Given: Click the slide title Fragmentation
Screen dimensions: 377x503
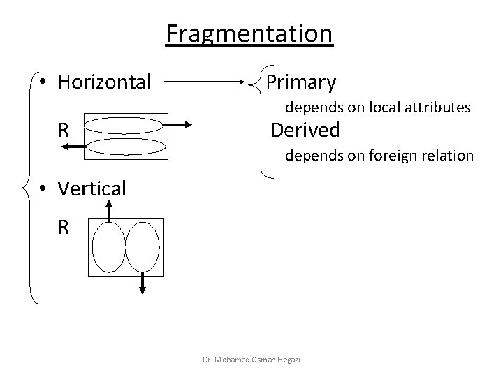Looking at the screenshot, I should click(249, 33).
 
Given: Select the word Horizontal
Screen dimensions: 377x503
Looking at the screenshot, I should click(105, 82).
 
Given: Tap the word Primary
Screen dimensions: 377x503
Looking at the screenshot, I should click(301, 82).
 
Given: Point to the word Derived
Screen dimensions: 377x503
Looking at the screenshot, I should click(305, 130).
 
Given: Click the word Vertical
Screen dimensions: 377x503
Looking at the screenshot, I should click(92, 188).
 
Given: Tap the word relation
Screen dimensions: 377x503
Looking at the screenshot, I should click(446, 155).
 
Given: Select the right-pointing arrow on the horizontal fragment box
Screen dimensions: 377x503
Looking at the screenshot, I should click(179, 125).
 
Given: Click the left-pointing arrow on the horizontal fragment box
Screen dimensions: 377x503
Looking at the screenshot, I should click(73, 146).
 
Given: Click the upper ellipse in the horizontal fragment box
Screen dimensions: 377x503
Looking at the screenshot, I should click(126, 126).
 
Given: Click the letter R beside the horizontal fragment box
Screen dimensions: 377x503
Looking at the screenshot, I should click(64, 131).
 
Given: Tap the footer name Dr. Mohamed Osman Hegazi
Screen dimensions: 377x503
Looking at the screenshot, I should click(258, 359).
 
